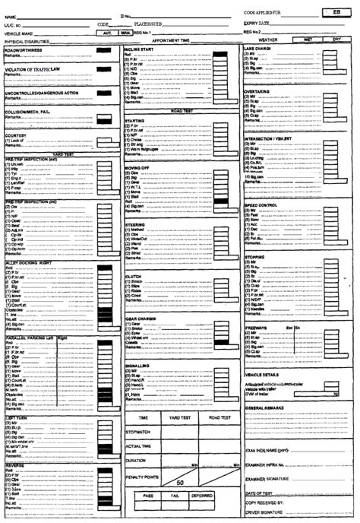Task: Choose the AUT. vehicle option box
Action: click(x=108, y=33)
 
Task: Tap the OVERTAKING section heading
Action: click(x=257, y=91)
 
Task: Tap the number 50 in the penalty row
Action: click(x=180, y=482)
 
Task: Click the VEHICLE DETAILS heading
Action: click(x=263, y=375)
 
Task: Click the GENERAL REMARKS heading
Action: click(x=264, y=408)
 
